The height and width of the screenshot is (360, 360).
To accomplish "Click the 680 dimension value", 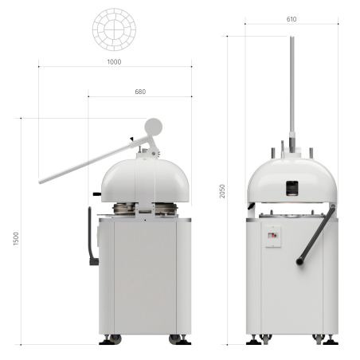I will [x=140, y=92].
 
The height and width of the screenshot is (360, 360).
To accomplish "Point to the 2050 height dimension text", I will [x=222, y=191].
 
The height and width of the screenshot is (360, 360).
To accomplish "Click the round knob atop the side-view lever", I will [x=153, y=127].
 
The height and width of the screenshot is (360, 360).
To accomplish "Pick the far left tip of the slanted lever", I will [x=41, y=181].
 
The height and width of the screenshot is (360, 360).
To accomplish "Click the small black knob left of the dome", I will [x=97, y=193].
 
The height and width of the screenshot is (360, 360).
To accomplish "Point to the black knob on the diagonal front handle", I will [x=300, y=260].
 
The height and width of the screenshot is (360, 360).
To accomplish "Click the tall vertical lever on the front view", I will [x=292, y=88].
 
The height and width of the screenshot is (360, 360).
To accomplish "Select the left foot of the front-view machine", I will [x=256, y=339].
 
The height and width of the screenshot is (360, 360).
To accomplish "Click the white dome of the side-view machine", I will [x=143, y=179].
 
